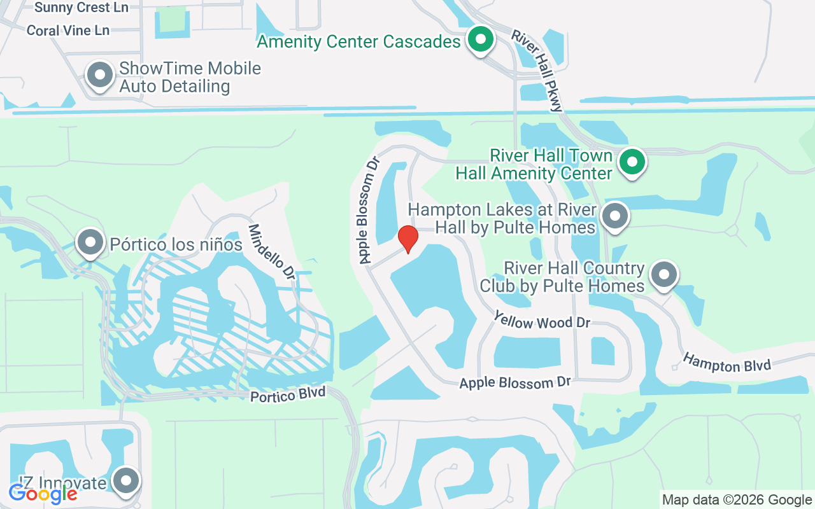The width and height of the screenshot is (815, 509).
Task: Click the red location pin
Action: (407, 239)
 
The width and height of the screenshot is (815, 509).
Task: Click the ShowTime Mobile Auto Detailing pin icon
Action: (99, 76)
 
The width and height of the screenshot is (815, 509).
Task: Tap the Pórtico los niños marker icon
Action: (90, 242)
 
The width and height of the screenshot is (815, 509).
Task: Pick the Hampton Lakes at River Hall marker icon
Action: (614, 216)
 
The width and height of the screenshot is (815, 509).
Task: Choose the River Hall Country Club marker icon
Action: (664, 275)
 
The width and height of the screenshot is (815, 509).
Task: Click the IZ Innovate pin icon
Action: (126, 480)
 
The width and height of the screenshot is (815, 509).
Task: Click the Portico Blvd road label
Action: (288, 394)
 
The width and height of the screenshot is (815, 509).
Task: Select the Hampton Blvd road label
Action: (726, 363)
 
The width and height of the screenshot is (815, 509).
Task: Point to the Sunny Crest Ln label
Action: (81, 8)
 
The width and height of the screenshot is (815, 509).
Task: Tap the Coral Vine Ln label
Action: (68, 31)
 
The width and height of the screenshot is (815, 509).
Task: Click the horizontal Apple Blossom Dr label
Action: (514, 383)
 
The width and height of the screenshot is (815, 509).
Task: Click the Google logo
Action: (43, 493)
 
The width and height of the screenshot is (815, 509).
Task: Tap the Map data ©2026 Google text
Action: (737, 499)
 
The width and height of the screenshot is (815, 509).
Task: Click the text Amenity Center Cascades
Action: (358, 42)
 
